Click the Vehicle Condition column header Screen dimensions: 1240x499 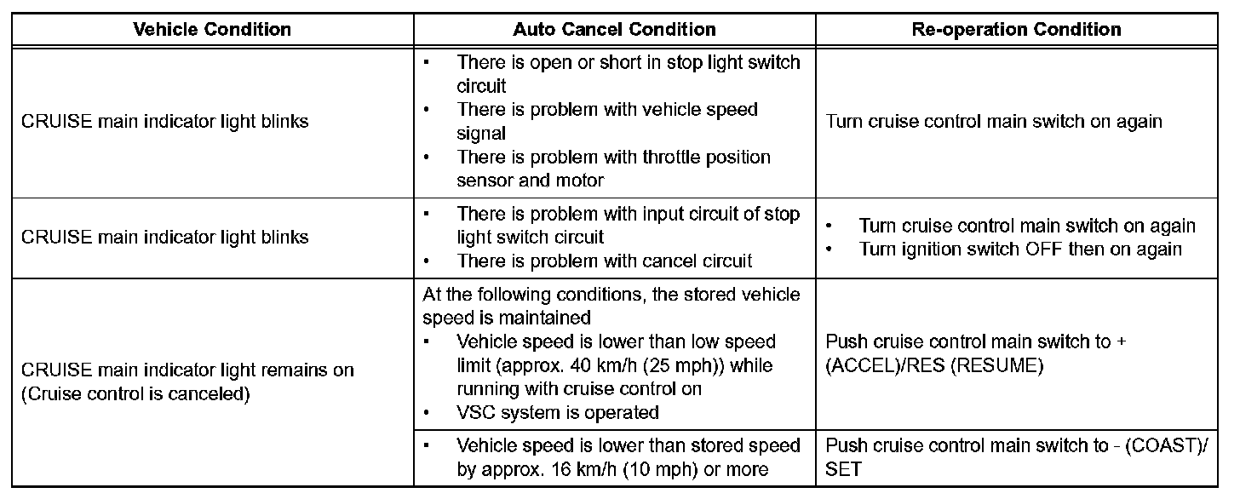212,30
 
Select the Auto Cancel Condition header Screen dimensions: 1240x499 614,30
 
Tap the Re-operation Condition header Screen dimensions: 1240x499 1016,30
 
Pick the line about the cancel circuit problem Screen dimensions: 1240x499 604,261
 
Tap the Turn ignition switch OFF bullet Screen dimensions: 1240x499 1019,249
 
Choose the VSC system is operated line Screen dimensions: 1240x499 557,413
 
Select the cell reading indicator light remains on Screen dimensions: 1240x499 187,371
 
